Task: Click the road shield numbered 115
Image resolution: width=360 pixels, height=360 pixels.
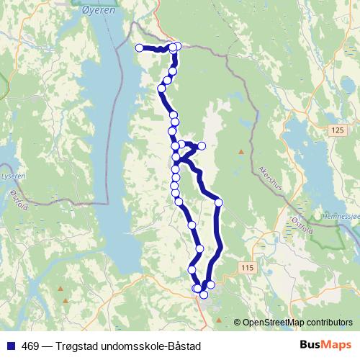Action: [x=248, y=268]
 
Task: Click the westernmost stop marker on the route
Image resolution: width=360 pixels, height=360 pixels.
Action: [x=140, y=48]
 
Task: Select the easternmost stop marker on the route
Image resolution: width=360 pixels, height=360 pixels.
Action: [x=219, y=202]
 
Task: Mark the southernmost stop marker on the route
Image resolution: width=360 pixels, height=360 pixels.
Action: [x=204, y=294]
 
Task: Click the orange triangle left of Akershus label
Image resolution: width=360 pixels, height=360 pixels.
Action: [x=240, y=151]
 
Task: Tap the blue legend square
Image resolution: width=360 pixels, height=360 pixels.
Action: [x=10, y=345]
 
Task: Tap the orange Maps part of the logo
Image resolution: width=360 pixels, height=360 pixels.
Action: [x=336, y=344]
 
